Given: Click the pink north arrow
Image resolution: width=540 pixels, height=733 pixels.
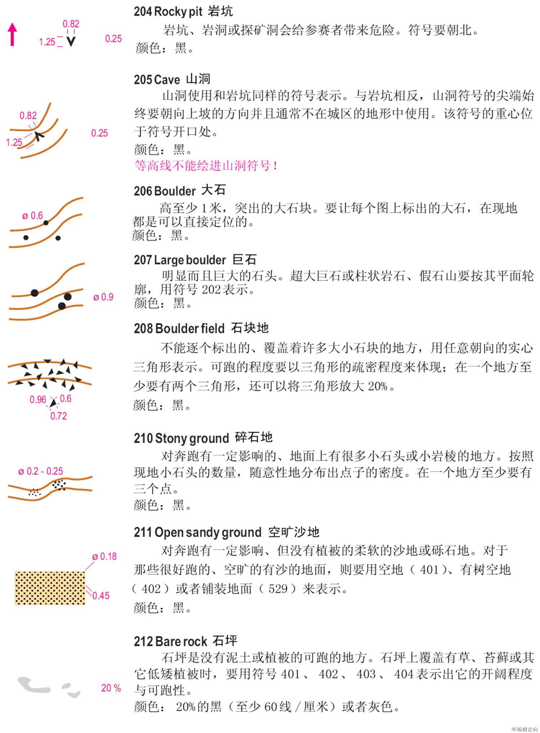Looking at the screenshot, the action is (x=13, y=34).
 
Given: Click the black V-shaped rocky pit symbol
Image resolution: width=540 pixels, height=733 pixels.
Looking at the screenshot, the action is (x=71, y=42).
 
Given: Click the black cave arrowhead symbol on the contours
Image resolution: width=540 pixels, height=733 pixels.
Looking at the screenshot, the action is (x=39, y=137).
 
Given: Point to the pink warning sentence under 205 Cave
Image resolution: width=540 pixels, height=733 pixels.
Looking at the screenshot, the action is (x=206, y=166).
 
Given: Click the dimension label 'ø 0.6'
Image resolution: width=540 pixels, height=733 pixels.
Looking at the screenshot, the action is (x=32, y=216).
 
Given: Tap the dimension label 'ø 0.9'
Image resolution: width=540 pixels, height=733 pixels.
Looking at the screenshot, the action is (x=103, y=297).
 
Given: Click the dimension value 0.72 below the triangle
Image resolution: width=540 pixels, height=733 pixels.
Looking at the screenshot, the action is (x=59, y=416).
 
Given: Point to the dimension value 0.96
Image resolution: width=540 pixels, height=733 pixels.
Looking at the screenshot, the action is (x=38, y=400).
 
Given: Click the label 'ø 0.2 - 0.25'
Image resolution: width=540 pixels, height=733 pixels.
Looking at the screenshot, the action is (x=41, y=471).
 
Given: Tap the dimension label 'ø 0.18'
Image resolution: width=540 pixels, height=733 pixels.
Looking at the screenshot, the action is (x=104, y=557).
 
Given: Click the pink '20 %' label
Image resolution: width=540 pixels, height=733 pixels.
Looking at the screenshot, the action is (x=111, y=688).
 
